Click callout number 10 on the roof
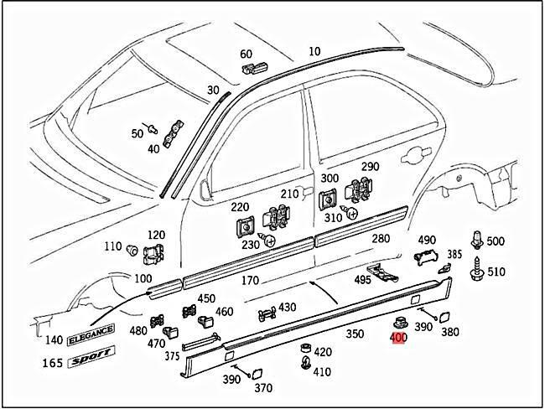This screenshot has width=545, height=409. click(314, 52)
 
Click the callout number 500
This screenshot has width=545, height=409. click(496, 242)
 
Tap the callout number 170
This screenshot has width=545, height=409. click(249, 281)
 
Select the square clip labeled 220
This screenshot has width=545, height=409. click(245, 225)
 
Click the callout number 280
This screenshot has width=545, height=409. click(381, 239)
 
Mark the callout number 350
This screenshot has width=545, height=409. click(355, 334)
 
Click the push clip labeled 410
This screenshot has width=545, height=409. click(304, 365)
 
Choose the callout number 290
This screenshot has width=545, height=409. click(370, 167)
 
